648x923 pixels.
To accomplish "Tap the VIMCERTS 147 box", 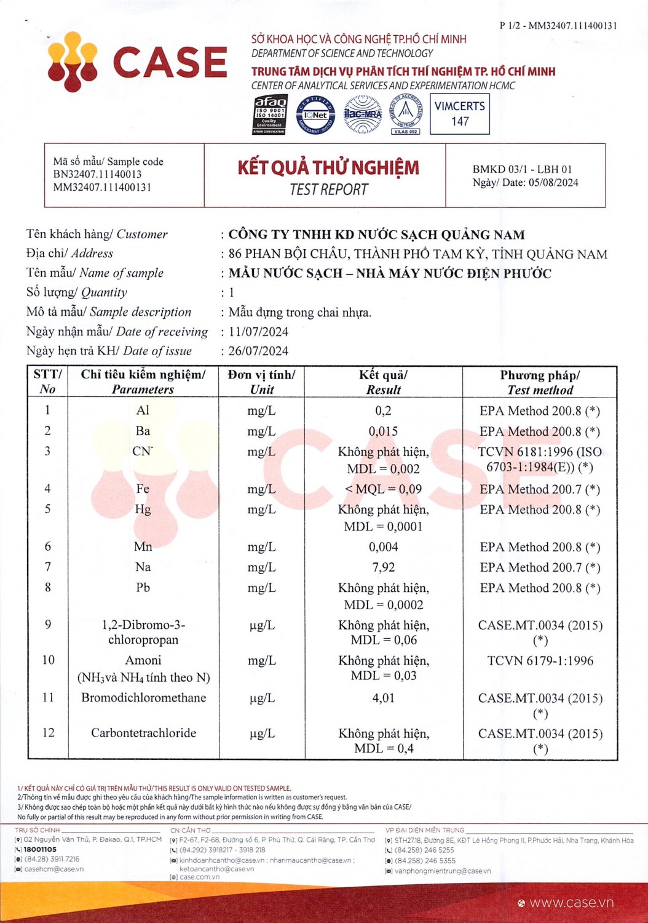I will [459, 114].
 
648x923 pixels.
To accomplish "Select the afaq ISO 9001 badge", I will [270, 114].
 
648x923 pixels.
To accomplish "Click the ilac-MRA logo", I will [363, 114].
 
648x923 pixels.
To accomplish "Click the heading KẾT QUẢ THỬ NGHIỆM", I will [328, 167].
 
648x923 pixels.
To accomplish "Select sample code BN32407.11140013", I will [97, 174].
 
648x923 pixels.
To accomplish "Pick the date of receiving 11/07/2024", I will [258, 332].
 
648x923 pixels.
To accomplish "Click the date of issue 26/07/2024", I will [258, 351].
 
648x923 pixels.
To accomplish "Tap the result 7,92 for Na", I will [383, 567].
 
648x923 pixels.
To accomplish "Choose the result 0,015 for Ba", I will [383, 431].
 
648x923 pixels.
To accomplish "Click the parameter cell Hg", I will [143, 509].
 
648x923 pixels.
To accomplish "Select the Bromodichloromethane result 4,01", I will [383, 698].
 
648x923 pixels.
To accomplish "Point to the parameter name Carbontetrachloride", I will [143, 733].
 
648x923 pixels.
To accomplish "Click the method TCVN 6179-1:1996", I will [540, 661].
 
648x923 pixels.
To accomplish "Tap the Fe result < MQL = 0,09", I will [383, 489].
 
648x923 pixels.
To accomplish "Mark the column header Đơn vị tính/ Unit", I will [261, 382].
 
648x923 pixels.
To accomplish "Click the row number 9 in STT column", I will [48, 625].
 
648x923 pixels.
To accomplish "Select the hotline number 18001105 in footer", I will [40, 850].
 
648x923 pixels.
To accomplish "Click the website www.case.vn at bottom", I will [571, 903].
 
